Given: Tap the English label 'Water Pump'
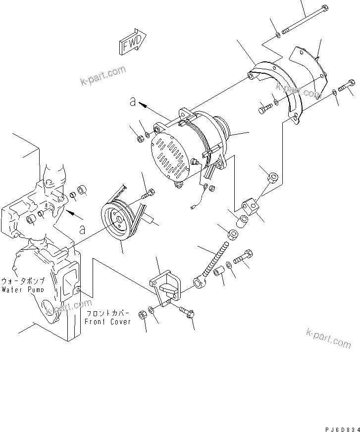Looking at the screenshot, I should point(22,289).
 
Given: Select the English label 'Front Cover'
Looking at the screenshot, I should point(107,321).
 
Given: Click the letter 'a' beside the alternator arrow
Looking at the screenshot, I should point(132,101).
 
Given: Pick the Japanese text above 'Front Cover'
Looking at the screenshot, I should point(107,313).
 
